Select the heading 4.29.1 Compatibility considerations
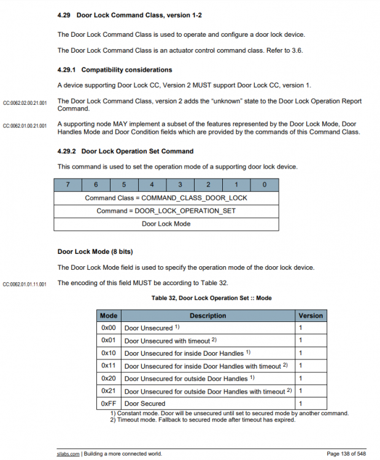tap(114, 70)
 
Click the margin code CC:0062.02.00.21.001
tap(25, 102)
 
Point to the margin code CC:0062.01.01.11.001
tap(25, 284)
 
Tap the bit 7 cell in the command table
tap(68, 185)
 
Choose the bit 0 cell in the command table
tap(264, 185)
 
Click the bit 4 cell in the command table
tap(152, 185)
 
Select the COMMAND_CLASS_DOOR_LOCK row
tap(166, 197)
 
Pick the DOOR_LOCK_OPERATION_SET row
tap(166, 211)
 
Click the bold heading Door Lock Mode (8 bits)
tap(95, 251)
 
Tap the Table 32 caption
tap(211, 298)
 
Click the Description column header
tap(207, 316)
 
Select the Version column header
tap(310, 316)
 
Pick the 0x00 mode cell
tap(109, 328)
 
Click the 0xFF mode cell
tap(109, 404)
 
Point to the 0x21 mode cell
tap(109, 391)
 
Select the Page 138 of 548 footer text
tap(346, 454)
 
